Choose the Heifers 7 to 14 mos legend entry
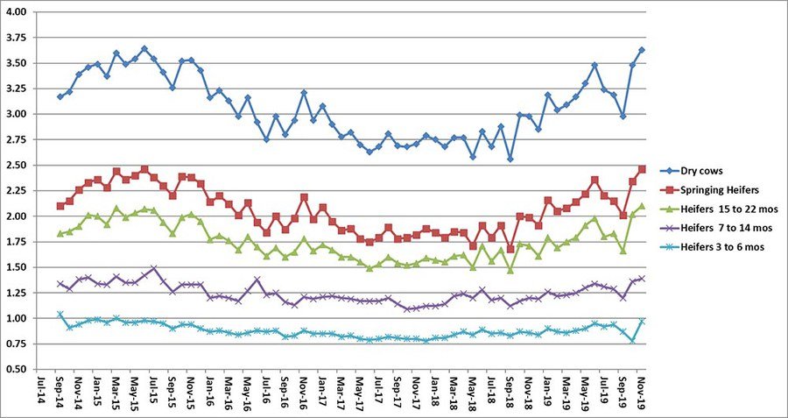pyautogui.click(x=721, y=230)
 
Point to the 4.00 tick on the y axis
pyautogui.click(x=17, y=12)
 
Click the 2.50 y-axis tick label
pyautogui.click(x=17, y=165)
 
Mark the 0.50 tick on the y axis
pyautogui.click(x=17, y=369)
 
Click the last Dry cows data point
pyautogui.click(x=642, y=50)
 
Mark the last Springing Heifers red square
pyautogui.click(x=642, y=169)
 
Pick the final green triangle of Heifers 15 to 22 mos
pyautogui.click(x=642, y=206)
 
